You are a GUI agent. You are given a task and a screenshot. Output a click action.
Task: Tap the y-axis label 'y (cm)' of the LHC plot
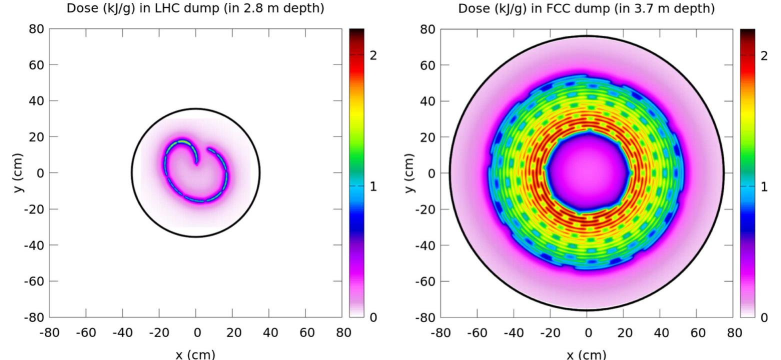(20, 172)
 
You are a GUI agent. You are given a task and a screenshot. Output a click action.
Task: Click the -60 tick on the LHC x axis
(85, 332)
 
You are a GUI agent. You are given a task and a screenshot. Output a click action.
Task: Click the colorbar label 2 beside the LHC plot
(372, 55)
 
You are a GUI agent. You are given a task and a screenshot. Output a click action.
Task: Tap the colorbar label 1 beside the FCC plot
(763, 186)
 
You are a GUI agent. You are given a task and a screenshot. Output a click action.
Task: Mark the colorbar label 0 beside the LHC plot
(372, 317)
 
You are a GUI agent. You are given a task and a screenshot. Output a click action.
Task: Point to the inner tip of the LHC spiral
(196, 161)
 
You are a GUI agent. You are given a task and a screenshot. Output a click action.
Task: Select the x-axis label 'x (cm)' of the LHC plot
(196, 354)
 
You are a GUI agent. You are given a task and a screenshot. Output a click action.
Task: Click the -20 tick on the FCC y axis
(425, 209)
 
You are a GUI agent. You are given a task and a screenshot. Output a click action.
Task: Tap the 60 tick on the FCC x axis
(697, 332)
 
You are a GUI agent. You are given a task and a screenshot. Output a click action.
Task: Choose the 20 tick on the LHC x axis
(232, 332)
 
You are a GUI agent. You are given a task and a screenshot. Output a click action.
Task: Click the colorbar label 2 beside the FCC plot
(763, 55)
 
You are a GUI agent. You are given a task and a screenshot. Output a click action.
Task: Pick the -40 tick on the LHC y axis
(35, 245)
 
